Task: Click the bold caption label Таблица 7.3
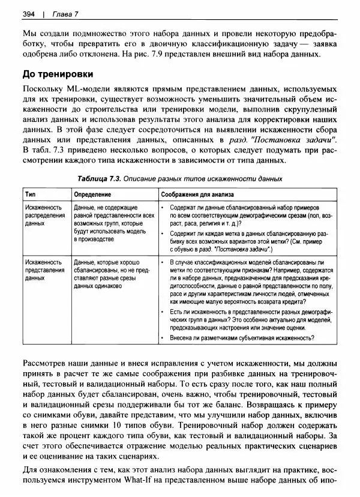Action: coord(100,178)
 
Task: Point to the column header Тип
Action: coord(31,194)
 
